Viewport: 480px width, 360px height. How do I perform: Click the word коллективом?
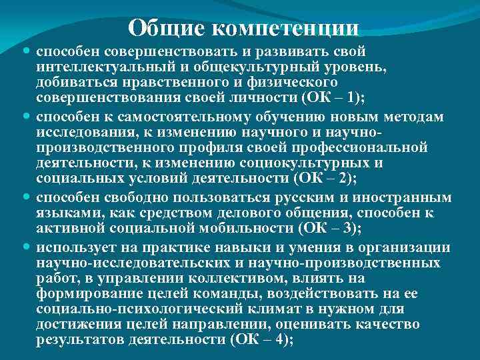coord(225,277)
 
